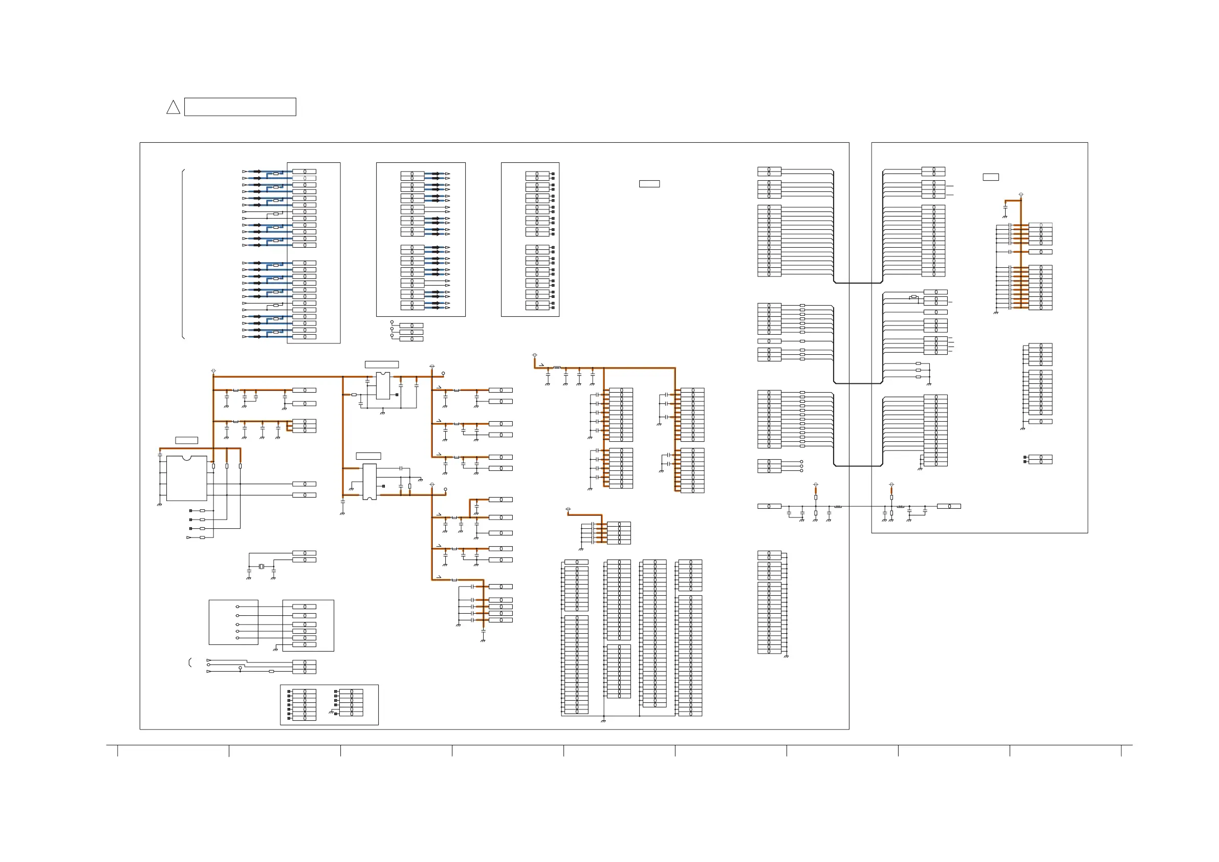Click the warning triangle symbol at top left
point(173,108)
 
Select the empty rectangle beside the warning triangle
point(240,107)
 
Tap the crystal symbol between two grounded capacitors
point(261,567)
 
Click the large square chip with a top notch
point(186,478)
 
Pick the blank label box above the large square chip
point(186,440)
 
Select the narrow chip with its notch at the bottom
point(369,482)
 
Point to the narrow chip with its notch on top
point(383,385)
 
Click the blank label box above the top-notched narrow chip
point(382,364)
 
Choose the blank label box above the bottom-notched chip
point(368,456)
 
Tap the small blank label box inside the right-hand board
point(991,178)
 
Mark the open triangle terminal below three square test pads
point(188,537)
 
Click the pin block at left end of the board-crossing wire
point(769,506)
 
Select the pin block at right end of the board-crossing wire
point(949,506)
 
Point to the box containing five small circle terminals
point(233,622)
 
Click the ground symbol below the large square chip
point(159,505)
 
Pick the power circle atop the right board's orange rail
point(1021,195)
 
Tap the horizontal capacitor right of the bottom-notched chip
point(401,468)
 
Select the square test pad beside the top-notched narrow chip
point(397,395)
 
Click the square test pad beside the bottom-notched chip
point(383,485)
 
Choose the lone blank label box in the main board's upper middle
point(649,184)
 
